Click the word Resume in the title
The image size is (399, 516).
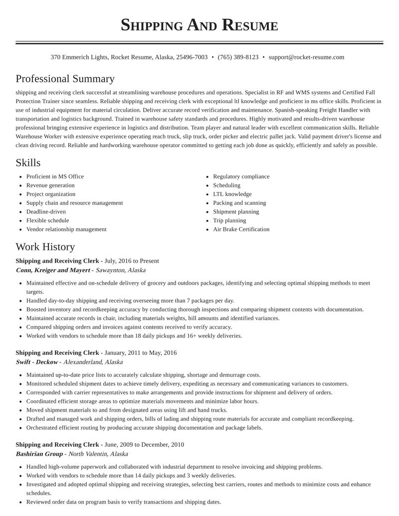pos(250,25)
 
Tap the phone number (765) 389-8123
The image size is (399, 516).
pos(238,57)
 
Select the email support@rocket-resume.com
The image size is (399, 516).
pos(306,57)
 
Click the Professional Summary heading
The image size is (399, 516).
pos(65,79)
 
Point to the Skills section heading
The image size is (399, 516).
pos(28,163)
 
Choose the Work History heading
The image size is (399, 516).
pos(45,247)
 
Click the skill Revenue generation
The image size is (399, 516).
pos(50,185)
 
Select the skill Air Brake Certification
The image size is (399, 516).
pos(241,229)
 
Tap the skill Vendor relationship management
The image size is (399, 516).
pos(66,229)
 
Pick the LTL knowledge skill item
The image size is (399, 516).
pos(232,194)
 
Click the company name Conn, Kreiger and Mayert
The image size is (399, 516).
pos(52,270)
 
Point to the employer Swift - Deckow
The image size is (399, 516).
pos(37,362)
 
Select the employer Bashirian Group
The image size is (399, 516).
pos(39,454)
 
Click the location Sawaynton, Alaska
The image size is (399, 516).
pos(121,270)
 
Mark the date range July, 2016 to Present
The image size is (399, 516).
pos(132,261)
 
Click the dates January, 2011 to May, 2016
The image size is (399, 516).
pos(141,352)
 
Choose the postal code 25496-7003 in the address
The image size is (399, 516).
pos(192,57)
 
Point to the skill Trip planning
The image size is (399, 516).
pos(229,220)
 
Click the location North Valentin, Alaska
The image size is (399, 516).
pos(98,454)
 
